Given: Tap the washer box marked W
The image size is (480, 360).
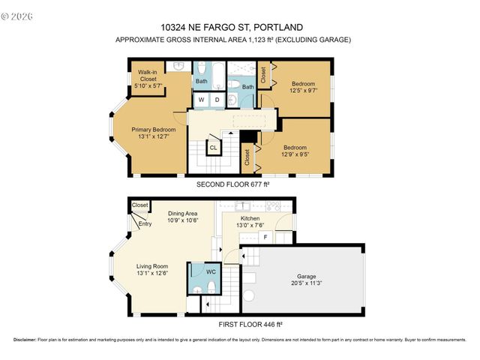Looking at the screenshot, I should tap(202, 100).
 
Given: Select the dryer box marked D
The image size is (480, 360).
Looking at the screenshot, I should tap(217, 100).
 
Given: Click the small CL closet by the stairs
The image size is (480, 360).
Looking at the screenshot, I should tap(213, 148).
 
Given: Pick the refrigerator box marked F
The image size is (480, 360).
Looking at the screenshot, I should tap(265, 238).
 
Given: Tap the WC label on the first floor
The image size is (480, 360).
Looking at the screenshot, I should tap(201, 271).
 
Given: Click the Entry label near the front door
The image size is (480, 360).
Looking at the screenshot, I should tap(145, 223).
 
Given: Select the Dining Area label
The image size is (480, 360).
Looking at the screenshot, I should tap(182, 213).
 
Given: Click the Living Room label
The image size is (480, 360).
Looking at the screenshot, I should tap(151, 266).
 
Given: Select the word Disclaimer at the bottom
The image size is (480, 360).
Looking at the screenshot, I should tap(25, 340).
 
